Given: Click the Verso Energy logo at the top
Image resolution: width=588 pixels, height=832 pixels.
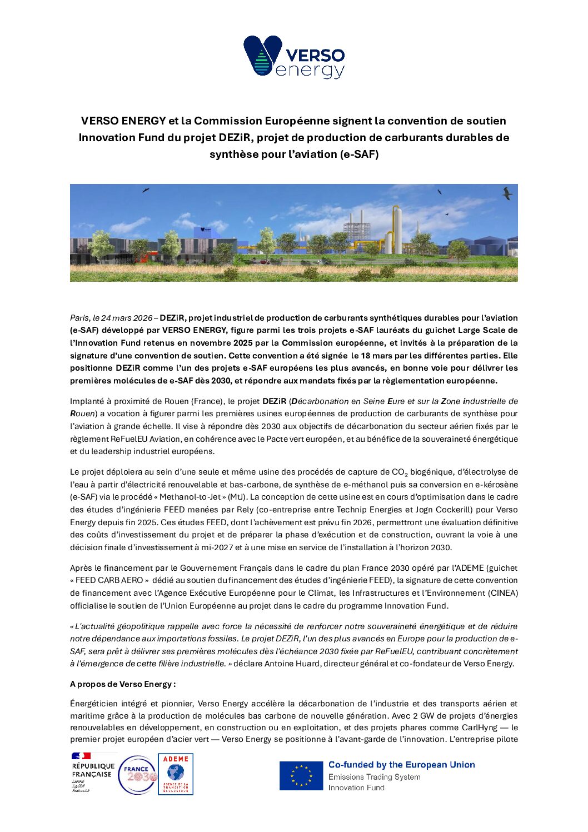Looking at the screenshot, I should (x=294, y=57).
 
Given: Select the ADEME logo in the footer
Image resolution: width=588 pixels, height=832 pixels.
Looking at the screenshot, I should (x=176, y=774).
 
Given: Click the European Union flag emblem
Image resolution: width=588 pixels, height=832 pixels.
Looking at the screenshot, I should (x=301, y=775).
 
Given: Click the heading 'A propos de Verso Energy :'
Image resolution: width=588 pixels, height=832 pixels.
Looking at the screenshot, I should (x=123, y=684).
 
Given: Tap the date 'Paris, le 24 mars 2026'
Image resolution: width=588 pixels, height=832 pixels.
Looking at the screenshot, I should (x=111, y=318).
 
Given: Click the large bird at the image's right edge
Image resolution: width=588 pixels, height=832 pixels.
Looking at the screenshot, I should (x=507, y=193).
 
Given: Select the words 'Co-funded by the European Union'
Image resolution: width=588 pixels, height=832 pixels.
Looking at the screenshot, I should (x=401, y=765).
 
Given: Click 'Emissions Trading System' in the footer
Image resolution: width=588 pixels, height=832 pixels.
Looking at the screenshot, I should (x=374, y=777).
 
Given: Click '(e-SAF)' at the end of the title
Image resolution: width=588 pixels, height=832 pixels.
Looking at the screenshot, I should (x=359, y=154).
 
